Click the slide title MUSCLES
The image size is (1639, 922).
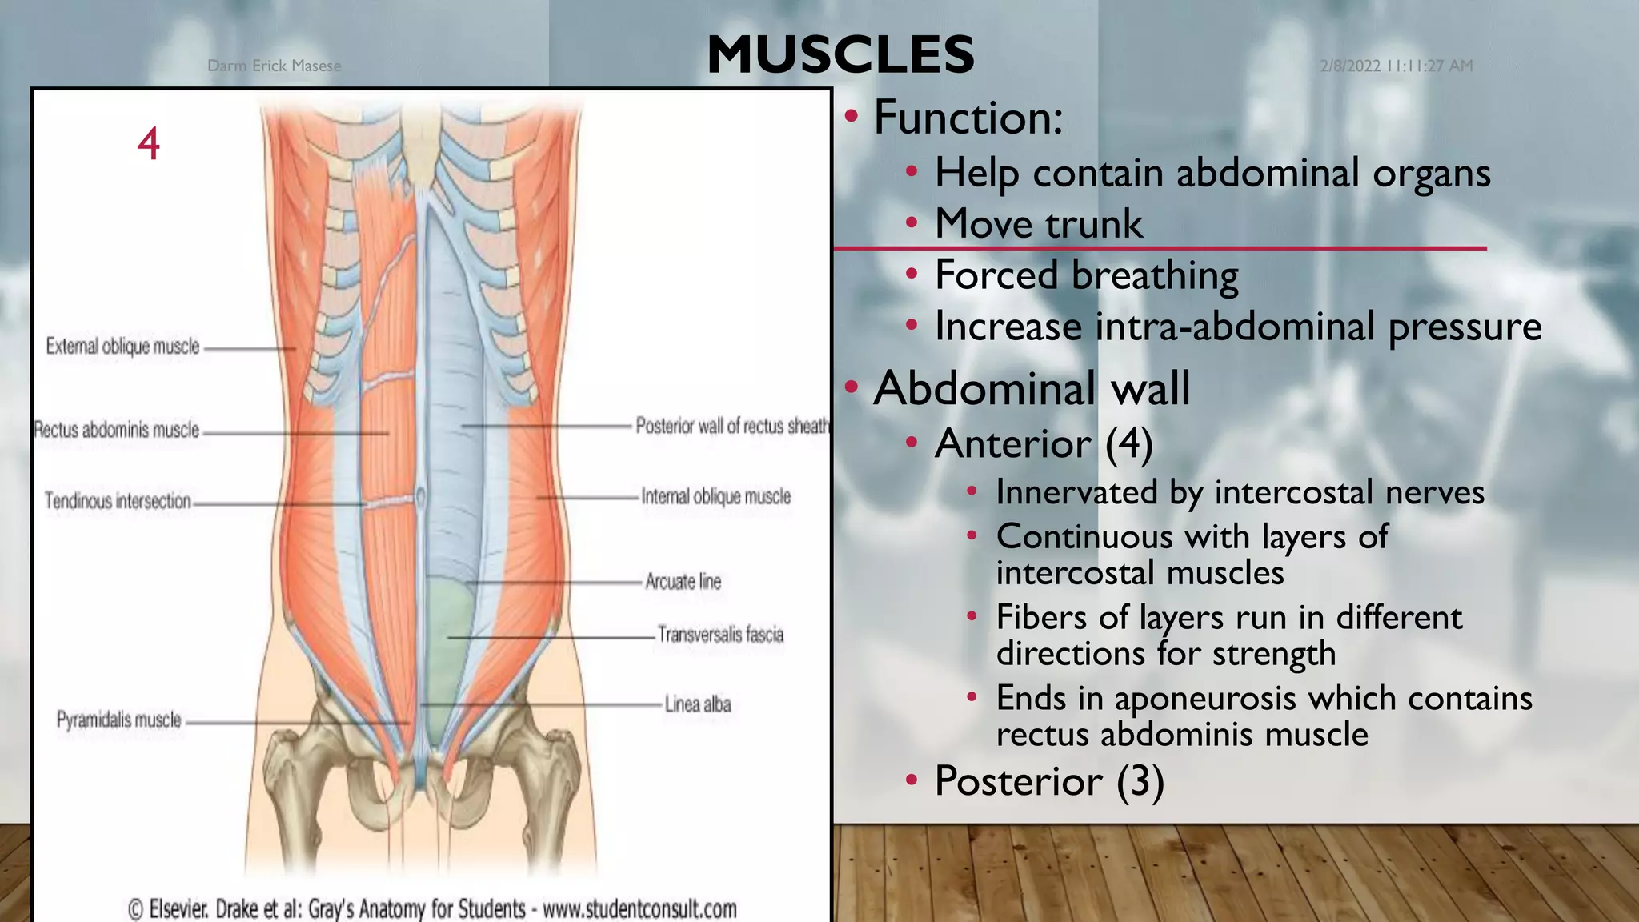point(840,54)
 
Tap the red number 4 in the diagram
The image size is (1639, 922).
point(149,144)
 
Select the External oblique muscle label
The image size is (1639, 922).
point(122,347)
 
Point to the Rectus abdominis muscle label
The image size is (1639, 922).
point(117,430)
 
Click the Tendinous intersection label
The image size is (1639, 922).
point(118,501)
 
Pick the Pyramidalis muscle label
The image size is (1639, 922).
point(119,720)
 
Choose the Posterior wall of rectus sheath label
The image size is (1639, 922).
point(732,426)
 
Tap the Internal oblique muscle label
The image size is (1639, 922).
point(716,496)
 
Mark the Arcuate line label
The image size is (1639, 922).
point(683,581)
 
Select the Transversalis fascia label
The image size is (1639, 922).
point(720,635)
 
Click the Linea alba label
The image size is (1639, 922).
point(698,704)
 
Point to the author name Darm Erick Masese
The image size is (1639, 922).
point(274,66)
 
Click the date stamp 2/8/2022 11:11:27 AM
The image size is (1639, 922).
point(1397,66)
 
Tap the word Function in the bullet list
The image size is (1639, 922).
point(968,118)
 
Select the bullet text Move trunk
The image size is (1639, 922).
point(1039,223)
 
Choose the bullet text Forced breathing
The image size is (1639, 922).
point(1087,275)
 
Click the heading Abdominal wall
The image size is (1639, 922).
point(1032,389)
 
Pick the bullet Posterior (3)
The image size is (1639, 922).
point(1049,780)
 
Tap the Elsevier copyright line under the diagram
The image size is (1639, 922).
point(432,909)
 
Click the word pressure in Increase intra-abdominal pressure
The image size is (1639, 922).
point(1465,327)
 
